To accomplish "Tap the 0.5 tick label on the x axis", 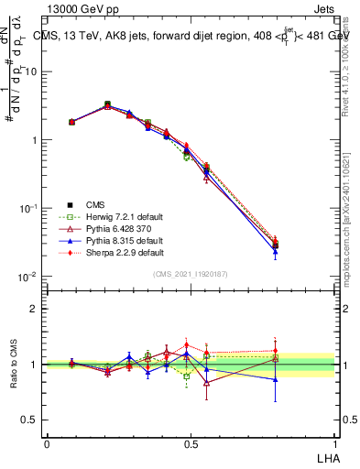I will [191, 443].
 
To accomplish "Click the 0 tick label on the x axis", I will [47, 443].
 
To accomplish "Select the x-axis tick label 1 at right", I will [334, 443].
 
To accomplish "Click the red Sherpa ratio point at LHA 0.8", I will [276, 351].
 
